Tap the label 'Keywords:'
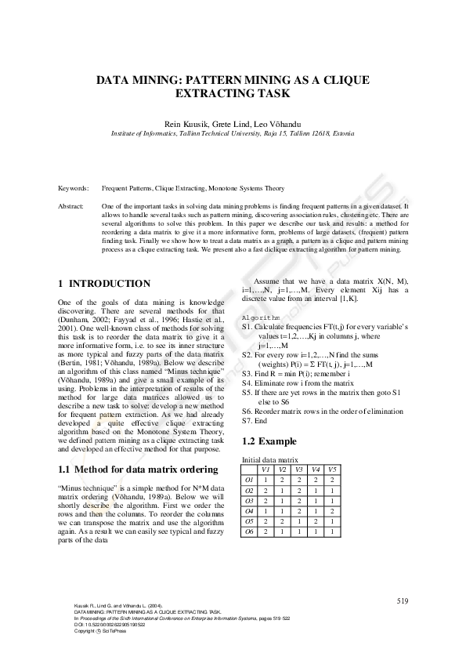click(74, 190)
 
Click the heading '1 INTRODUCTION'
click(105, 283)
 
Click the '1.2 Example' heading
click(269, 441)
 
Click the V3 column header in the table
click(299, 469)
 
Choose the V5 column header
click(332, 469)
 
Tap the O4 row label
click(250, 510)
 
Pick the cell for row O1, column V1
click(266, 479)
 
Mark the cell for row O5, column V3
click(299, 520)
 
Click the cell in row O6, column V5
click(332, 531)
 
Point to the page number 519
click(402, 600)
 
